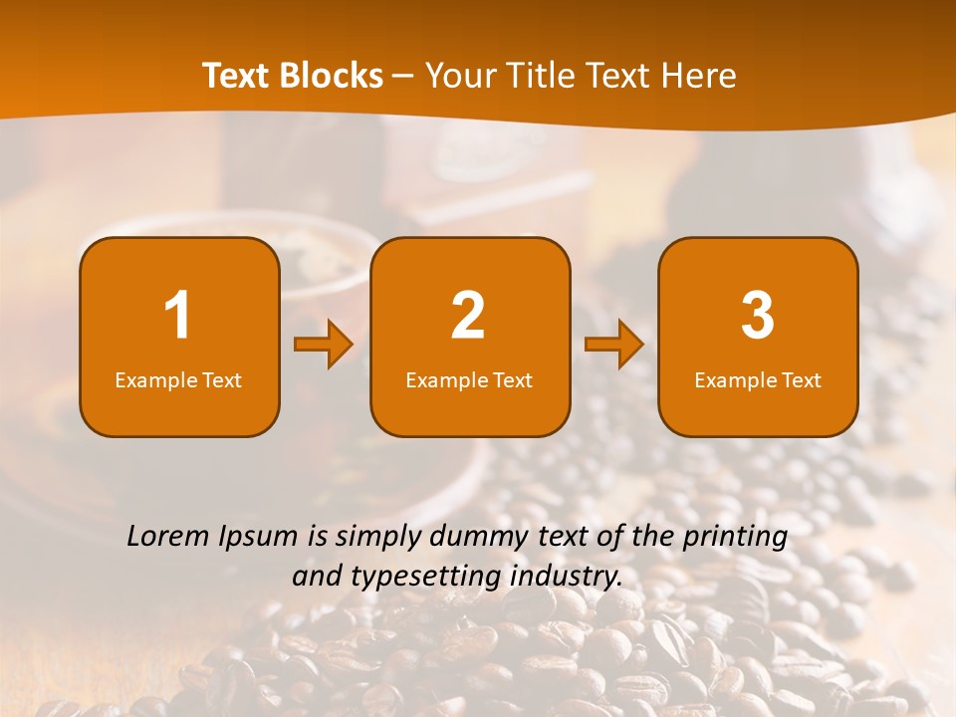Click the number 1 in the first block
[178, 316]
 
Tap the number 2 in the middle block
[468, 316]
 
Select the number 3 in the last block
[758, 316]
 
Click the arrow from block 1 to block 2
[324, 345]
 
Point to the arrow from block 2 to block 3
[614, 345]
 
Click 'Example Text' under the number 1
[178, 379]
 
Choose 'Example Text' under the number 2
[469, 379]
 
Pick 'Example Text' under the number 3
[758, 379]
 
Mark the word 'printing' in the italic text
[734, 538]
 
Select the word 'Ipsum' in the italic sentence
[262, 538]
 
